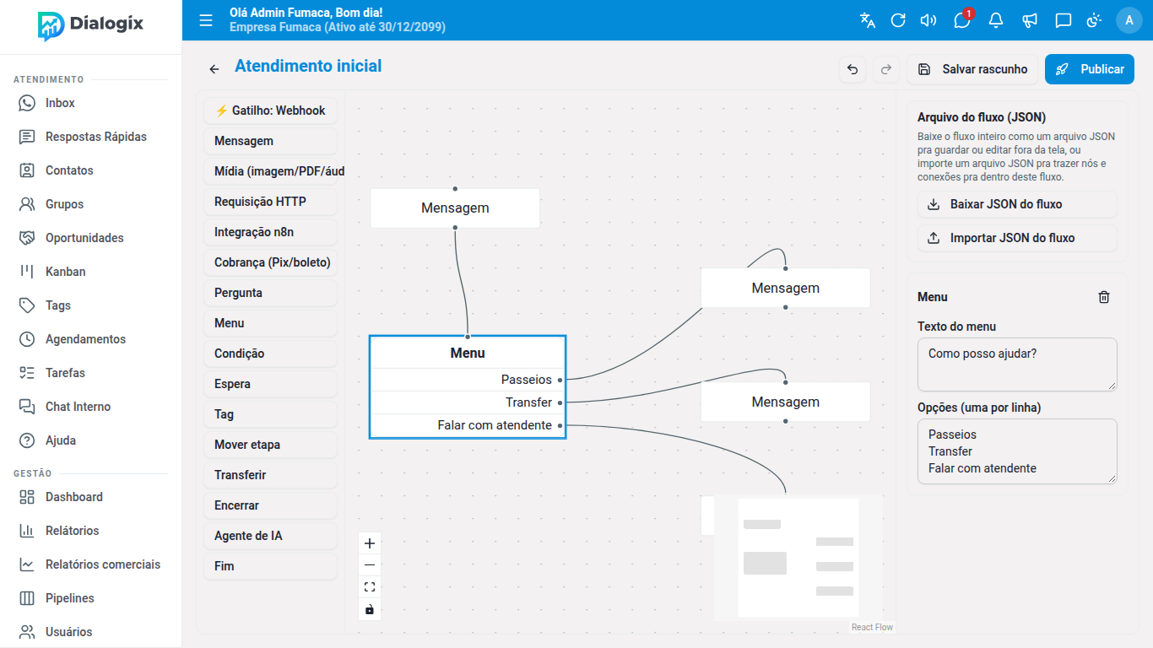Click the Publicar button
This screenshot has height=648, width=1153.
(x=1089, y=69)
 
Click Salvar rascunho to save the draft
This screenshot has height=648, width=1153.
(x=972, y=69)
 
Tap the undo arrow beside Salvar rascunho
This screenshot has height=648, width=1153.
(x=853, y=69)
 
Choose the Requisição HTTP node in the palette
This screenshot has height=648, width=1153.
(x=270, y=202)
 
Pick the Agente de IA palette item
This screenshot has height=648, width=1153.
(x=270, y=535)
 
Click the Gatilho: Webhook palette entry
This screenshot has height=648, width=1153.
(x=270, y=111)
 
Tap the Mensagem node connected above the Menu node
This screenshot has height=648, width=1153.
(x=455, y=208)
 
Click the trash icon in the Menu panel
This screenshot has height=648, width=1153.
(x=1103, y=297)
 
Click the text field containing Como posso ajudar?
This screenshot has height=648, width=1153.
(x=1017, y=364)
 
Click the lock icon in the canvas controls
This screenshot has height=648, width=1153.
(x=370, y=609)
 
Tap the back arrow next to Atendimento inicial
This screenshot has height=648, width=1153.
(x=214, y=69)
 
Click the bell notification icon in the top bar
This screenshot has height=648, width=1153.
(x=995, y=20)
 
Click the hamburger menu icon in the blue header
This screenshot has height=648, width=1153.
(x=206, y=20)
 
